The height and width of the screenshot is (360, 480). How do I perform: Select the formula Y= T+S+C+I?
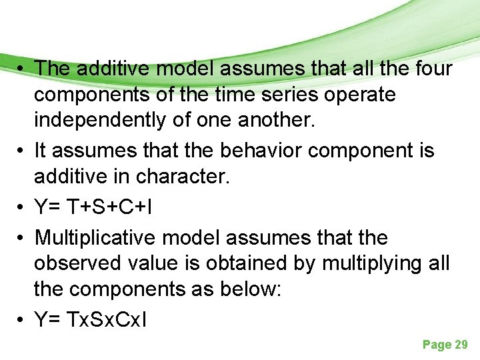pos(93,207)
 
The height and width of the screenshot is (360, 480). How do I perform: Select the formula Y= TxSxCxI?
pos(92,320)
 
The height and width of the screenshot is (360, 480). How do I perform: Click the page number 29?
pos(461,345)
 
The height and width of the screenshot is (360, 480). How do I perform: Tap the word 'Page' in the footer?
pos(436,345)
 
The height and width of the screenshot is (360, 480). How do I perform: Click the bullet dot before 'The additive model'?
pos(22,68)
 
